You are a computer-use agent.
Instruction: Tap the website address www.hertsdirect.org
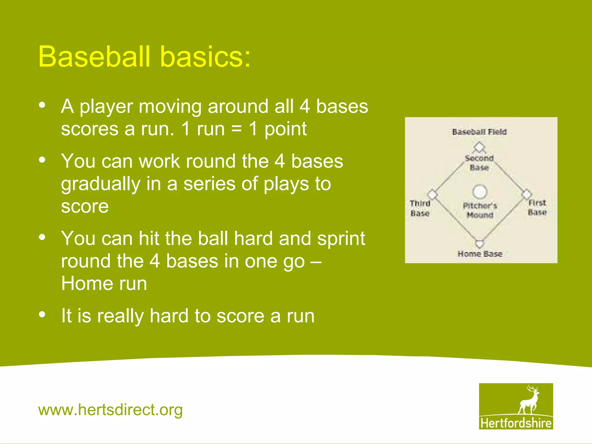tap(110, 410)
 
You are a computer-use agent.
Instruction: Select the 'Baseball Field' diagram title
tap(479, 132)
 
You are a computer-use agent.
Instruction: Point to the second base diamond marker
tap(479, 147)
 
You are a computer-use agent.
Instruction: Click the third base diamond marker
tap(432, 194)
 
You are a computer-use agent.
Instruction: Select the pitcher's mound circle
tap(480, 192)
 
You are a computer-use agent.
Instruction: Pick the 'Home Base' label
tap(480, 254)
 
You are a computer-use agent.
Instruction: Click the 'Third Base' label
tap(420, 208)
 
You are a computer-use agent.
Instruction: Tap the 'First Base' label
tap(537, 207)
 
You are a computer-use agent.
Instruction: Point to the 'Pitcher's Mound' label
tap(480, 210)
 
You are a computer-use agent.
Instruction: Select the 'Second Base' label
tap(479, 163)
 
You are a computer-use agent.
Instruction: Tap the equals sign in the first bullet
tap(236, 129)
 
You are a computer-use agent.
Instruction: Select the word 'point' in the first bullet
tap(285, 129)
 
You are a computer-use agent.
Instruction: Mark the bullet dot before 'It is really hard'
tap(42, 314)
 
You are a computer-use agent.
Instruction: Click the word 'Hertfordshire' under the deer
tap(516, 423)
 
